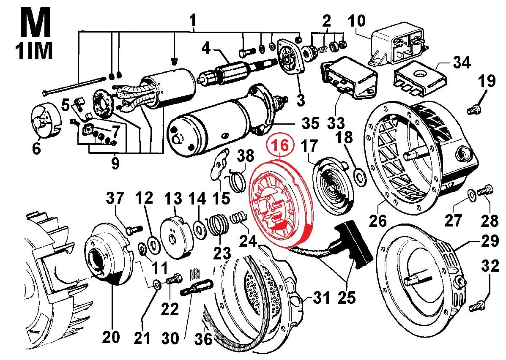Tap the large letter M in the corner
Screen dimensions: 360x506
(x=33, y=22)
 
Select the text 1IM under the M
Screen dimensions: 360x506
(x=33, y=52)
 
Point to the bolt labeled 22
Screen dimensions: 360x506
(x=173, y=280)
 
